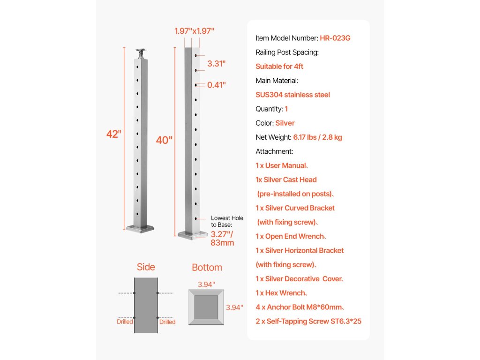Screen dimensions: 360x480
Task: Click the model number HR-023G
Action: click(335, 38)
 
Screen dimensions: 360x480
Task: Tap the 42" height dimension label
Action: click(113, 134)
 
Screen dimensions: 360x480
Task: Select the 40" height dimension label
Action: click(164, 140)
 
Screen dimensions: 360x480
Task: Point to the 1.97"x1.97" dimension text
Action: click(194, 31)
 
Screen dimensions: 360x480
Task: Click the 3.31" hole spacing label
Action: click(217, 63)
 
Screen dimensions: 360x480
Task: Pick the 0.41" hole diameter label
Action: click(217, 85)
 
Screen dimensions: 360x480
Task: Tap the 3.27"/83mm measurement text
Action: click(222, 238)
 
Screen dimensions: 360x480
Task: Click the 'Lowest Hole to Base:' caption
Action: click(227, 221)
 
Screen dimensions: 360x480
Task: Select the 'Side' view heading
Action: click(146, 267)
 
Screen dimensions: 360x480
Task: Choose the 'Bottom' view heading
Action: click(207, 268)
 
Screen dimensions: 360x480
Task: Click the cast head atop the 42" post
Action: click(140, 53)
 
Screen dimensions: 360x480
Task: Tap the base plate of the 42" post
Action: click(140, 228)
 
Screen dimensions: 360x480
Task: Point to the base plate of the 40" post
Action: click(192, 234)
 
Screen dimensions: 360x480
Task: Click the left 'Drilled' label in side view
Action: click(125, 322)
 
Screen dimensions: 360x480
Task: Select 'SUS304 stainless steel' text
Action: click(292, 95)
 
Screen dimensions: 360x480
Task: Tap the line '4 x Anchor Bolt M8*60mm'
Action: click(300, 307)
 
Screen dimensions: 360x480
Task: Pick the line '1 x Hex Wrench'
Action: click(282, 293)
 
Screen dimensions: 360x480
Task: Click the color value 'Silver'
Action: click(285, 123)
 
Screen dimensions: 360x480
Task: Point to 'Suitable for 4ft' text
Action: click(279, 67)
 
